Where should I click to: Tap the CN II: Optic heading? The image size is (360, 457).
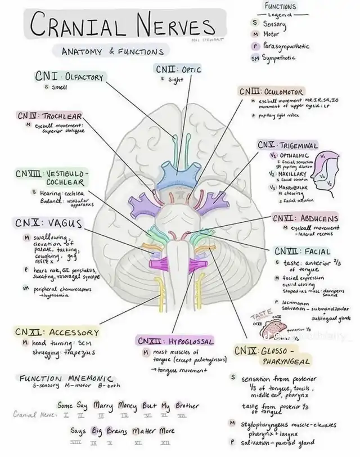pyautogui.click(x=178, y=70)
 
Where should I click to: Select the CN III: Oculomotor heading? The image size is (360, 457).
pyautogui.click(x=272, y=92)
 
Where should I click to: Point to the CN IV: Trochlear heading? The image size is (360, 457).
pyautogui.click(x=49, y=115)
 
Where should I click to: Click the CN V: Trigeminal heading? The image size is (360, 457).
pyautogui.click(x=287, y=145)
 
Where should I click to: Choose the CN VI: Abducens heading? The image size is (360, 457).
pyautogui.click(x=305, y=218)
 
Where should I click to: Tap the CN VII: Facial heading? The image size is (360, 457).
pyautogui.click(x=302, y=251)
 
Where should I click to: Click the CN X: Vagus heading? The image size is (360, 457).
pyautogui.click(x=49, y=223)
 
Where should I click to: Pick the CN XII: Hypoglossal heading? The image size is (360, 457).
pyautogui.click(x=175, y=341)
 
